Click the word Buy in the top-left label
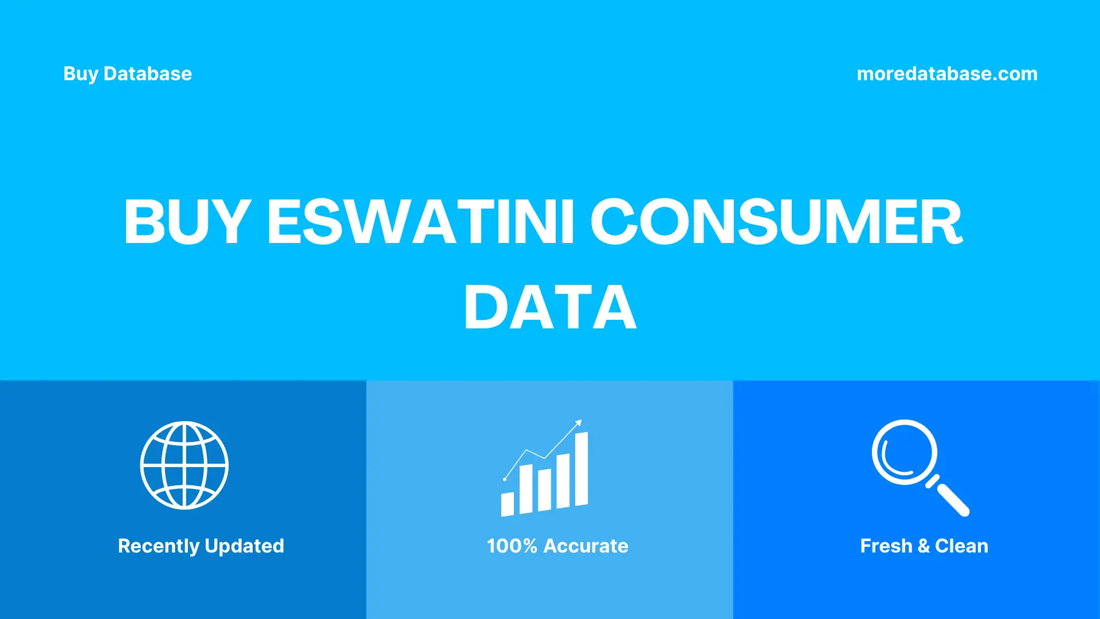pos(80,74)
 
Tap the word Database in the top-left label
pos(147,74)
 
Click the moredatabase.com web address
pos(946,74)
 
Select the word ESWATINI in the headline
pos(421,222)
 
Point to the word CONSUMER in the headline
pos(776,222)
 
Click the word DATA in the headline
pos(550,308)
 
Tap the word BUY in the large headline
pos(187,222)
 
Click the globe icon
pos(184,465)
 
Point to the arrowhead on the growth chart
pos(579,424)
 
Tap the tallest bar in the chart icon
pos(582,469)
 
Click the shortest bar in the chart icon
pos(507,504)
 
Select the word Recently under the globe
pos(158,546)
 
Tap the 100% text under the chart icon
pos(512,546)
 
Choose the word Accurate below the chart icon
pos(586,546)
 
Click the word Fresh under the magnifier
pos(886,546)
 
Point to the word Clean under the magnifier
pos(961,546)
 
